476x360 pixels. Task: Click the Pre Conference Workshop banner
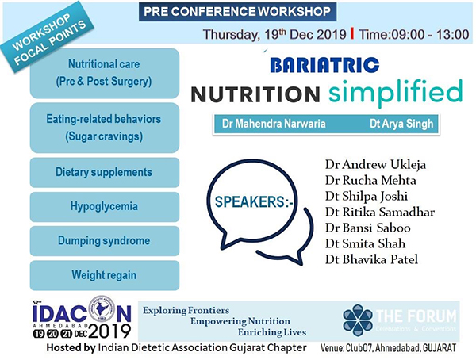[237, 12]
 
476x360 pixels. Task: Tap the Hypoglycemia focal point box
[105, 207]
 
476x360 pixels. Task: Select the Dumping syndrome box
[105, 241]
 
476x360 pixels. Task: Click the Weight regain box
[105, 275]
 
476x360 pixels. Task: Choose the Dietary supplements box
[105, 172]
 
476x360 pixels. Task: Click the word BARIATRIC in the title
[324, 65]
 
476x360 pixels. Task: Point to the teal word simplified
[396, 92]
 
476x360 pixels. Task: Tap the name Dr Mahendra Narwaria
[274, 124]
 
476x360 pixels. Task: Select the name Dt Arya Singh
[401, 124]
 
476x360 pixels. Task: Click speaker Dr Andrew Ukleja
[375, 164]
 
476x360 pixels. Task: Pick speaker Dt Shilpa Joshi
[367, 196]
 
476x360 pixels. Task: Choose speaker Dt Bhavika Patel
[371, 259]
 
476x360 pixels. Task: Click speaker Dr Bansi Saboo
[368, 228]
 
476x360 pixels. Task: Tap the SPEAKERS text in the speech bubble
[254, 202]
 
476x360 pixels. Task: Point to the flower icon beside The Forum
[358, 320]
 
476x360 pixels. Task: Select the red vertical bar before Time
[351, 33]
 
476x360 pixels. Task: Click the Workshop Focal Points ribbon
[48, 38]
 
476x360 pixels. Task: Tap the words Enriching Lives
[272, 333]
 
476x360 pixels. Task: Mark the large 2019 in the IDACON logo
[110, 331]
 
